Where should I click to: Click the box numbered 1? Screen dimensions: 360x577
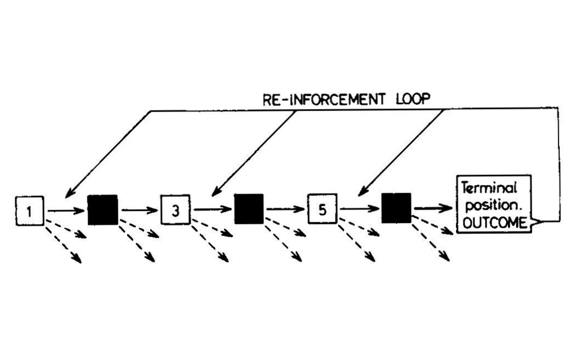tap(30, 211)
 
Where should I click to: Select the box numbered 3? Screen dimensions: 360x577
tap(175, 210)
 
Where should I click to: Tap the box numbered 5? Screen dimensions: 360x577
tap(322, 209)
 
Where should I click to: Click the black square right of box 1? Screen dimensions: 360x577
tap(103, 210)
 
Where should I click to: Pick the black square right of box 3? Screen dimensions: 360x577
tap(249, 209)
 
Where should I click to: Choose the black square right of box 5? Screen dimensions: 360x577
tap(396, 208)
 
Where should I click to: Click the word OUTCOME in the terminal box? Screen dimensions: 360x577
tap(494, 223)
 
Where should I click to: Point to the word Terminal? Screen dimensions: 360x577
tap(489, 188)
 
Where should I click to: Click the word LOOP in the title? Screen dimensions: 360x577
tap(413, 99)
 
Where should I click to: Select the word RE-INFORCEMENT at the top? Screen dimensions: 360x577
tap(324, 100)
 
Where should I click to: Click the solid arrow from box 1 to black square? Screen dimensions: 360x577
tap(66, 211)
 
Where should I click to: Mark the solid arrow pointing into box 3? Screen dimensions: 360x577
tap(140, 210)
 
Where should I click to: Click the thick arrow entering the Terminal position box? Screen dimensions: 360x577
tap(433, 208)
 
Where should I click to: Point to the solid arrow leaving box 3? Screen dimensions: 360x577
tap(212, 209)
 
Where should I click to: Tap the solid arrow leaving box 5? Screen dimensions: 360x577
tap(359, 208)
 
